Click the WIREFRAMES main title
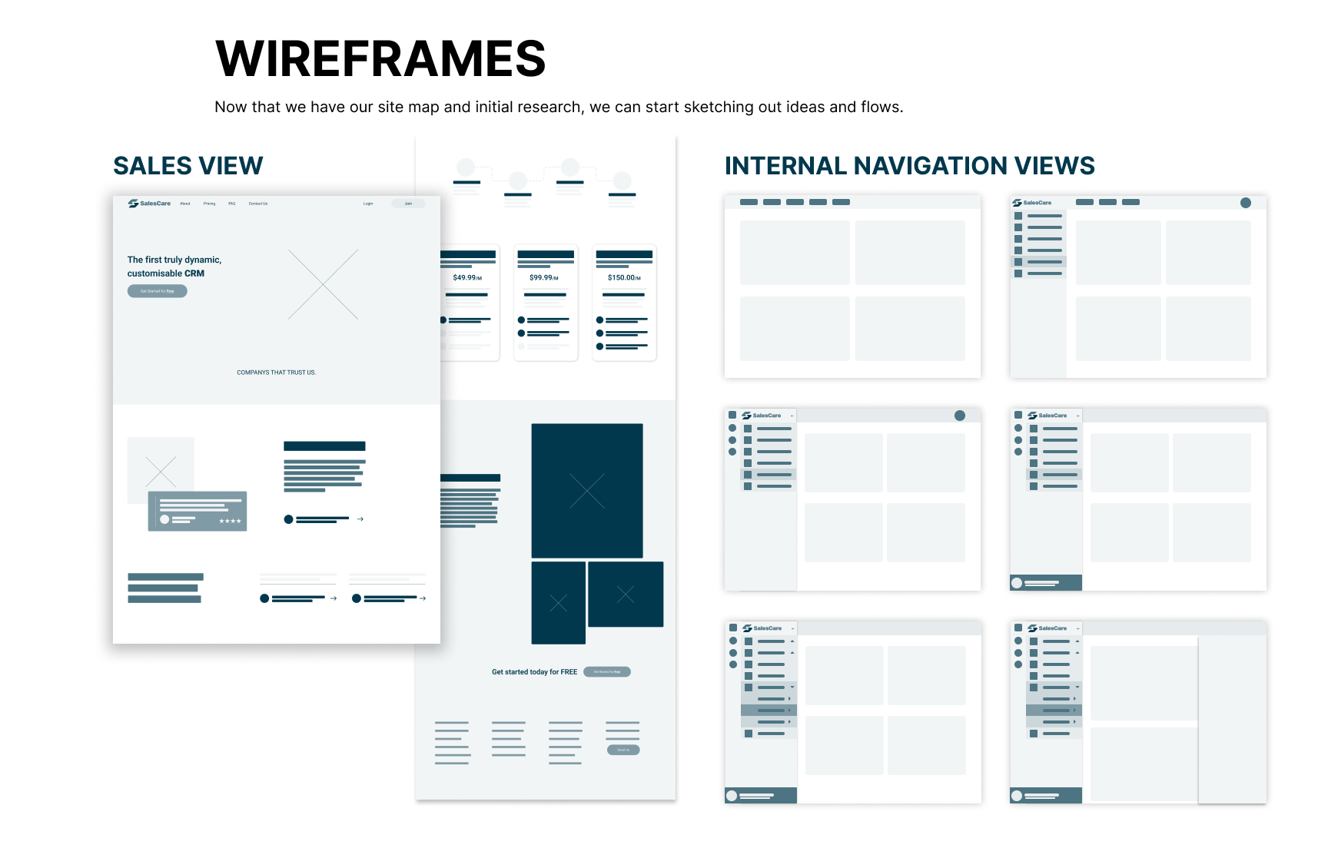coord(380,59)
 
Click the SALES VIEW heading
coord(188,166)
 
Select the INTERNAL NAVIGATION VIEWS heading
coord(909,166)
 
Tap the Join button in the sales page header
coord(408,204)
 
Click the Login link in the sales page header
coord(368,204)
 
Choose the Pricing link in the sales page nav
coord(209,204)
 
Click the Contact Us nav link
coord(258,204)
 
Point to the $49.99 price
coord(466,278)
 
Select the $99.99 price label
coord(543,278)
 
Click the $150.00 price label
coord(623,278)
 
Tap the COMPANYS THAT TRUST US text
coord(276,373)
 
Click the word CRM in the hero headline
coord(194,273)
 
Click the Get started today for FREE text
coord(534,672)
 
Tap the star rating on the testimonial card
coord(230,522)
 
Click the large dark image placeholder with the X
coord(587,491)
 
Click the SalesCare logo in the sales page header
coord(150,204)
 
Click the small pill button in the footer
coord(623,750)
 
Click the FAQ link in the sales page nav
coord(232,204)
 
